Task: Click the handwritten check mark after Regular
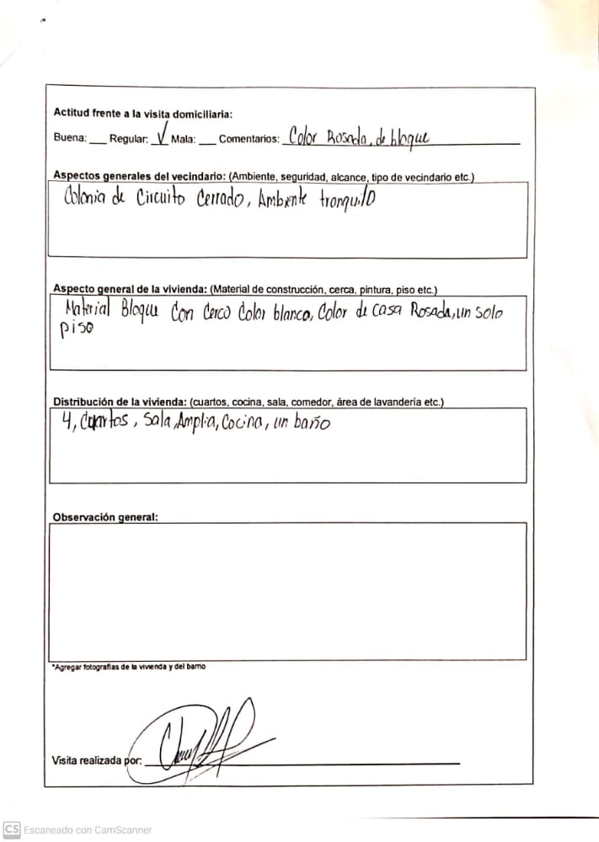161,136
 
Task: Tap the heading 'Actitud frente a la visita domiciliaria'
142,113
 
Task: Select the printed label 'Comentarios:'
249,139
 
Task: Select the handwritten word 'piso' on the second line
76,332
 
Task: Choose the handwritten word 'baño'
312,422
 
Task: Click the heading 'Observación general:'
104,517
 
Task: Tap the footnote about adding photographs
129,667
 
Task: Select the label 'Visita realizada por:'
96,761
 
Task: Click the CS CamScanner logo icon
12,829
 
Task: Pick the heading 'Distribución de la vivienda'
120,402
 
